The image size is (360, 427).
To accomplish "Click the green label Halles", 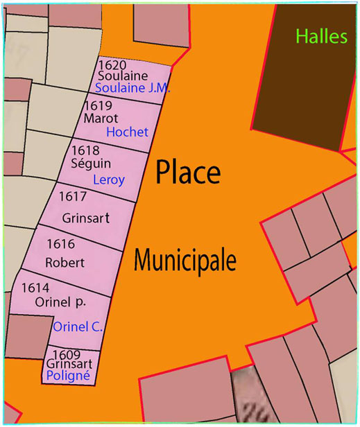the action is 320,36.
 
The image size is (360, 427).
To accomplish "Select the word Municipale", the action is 185,261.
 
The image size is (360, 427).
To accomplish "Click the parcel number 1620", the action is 112,64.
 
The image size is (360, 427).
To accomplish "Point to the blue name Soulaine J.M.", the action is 132,88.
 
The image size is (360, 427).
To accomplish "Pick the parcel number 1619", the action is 98,106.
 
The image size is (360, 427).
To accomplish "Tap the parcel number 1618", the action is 86,150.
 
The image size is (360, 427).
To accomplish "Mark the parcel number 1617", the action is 74,197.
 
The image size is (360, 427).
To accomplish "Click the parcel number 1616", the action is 60,245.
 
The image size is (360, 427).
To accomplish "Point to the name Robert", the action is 65,263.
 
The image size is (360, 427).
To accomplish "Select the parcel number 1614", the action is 35,286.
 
